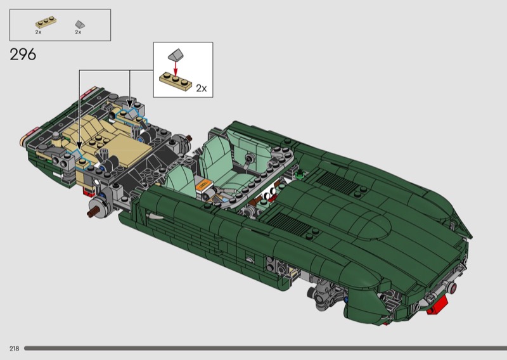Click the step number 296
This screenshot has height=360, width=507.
(x=23, y=55)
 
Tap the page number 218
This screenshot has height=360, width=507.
(x=14, y=349)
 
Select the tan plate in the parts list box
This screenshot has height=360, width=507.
(x=46, y=22)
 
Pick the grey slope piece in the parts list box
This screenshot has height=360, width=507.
(x=80, y=24)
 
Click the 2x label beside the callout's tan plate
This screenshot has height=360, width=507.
(x=202, y=88)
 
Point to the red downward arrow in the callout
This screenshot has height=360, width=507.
(x=176, y=68)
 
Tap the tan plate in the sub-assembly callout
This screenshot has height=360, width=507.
(x=176, y=81)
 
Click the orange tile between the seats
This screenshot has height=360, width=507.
(x=203, y=185)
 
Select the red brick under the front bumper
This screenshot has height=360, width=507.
(x=437, y=304)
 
